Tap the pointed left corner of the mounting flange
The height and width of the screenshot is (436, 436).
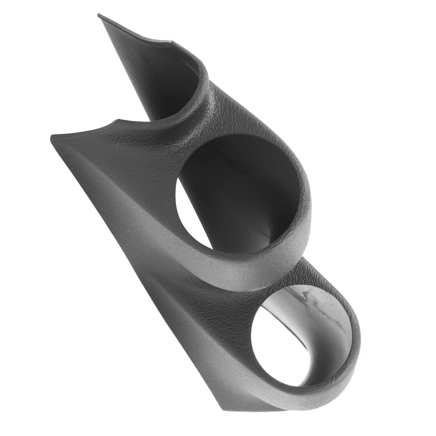pos(51,137)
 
